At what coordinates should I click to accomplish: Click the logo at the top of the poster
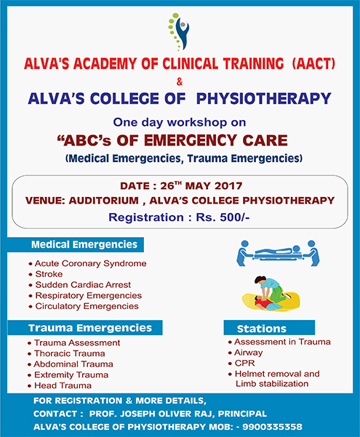pyautogui.click(x=179, y=32)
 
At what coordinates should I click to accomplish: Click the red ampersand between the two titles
pyautogui.click(x=180, y=82)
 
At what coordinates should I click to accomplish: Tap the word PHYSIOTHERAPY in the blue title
pyautogui.click(x=263, y=99)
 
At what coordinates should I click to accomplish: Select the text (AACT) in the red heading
pyautogui.click(x=313, y=63)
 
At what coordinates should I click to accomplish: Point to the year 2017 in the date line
pyautogui.click(x=228, y=186)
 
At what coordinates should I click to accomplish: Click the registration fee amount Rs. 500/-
pyautogui.click(x=223, y=217)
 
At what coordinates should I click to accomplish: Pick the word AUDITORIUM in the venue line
pyautogui.click(x=104, y=201)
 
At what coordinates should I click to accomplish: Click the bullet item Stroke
pyautogui.click(x=49, y=274)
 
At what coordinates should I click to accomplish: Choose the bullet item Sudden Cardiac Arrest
pyautogui.click(x=83, y=285)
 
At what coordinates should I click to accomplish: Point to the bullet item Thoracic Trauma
pyautogui.click(x=69, y=353)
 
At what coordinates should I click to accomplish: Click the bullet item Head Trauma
pyautogui.click(x=63, y=385)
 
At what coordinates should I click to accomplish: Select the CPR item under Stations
pyautogui.click(x=244, y=363)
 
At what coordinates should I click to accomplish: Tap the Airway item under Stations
pyautogui.click(x=249, y=353)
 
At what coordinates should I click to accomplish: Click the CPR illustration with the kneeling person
pyautogui.click(x=271, y=293)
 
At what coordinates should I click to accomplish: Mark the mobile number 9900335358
pyautogui.click(x=272, y=427)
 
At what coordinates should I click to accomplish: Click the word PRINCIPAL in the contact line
pyautogui.click(x=242, y=414)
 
